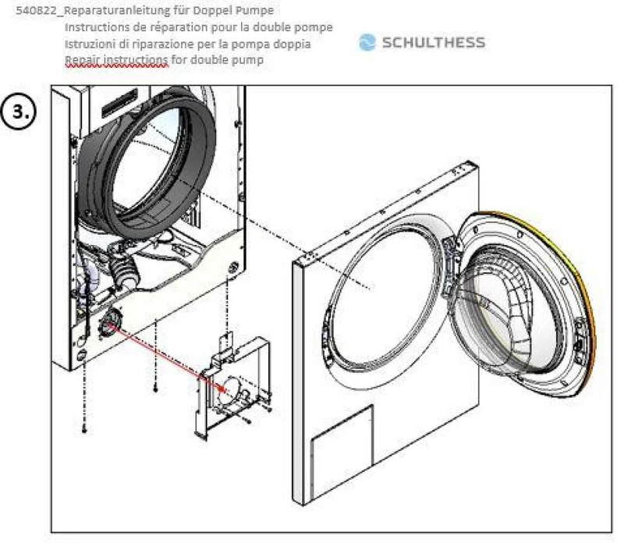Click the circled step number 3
pyautogui.click(x=19, y=112)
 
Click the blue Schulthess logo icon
pyautogui.click(x=367, y=42)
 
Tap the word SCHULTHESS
pyautogui.click(x=434, y=43)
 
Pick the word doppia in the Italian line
pyautogui.click(x=292, y=44)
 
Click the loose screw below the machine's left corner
pyautogui.click(x=84, y=429)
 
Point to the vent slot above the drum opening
pyautogui.click(x=120, y=103)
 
